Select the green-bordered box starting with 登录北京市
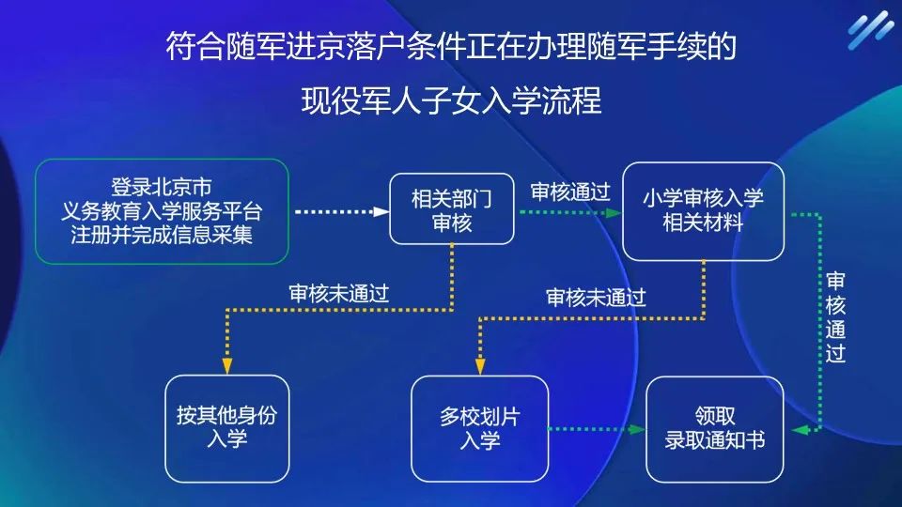pyautogui.click(x=162, y=210)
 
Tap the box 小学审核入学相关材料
pyautogui.click(x=703, y=210)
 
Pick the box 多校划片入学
pyautogui.click(x=480, y=428)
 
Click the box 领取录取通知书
pyautogui.click(x=715, y=428)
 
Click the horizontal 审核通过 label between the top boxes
pyautogui.click(x=570, y=192)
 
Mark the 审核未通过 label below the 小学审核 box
pyautogui.click(x=596, y=298)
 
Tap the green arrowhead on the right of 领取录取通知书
pyautogui.click(x=798, y=429)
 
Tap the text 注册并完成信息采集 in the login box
pyautogui.click(x=162, y=235)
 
